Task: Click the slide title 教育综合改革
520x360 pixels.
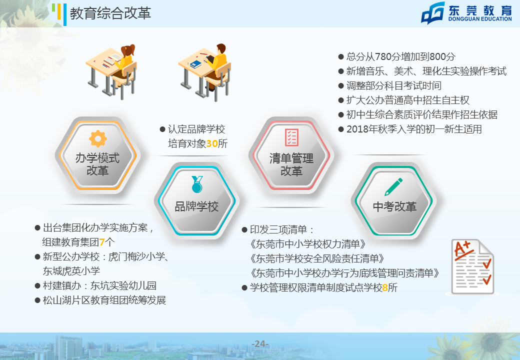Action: coord(110,13)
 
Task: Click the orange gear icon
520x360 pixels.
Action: coord(98,138)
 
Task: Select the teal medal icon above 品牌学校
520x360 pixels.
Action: coord(197,184)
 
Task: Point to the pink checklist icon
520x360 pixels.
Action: coord(292,137)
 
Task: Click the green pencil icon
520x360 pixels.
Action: coord(393,187)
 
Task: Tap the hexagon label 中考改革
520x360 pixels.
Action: coord(394,206)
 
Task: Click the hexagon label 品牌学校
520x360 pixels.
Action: coord(196,206)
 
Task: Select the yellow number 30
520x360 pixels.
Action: coord(212,143)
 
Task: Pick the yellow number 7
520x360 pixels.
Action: coord(102,242)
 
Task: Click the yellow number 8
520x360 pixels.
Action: coord(384,287)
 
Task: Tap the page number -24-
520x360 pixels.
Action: coord(260,344)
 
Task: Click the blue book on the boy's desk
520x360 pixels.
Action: coord(195,64)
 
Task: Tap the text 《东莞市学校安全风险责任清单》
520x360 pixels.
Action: coord(317,258)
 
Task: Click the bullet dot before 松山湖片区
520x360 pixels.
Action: coord(37,300)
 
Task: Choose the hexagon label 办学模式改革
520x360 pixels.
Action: coord(97,164)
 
